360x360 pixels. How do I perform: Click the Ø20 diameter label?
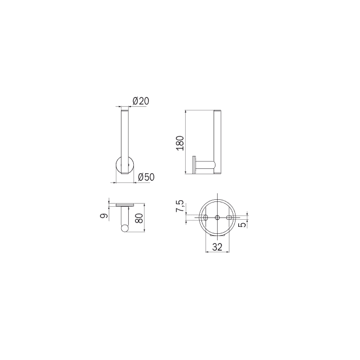click(x=141, y=101)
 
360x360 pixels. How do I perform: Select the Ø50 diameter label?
click(x=147, y=177)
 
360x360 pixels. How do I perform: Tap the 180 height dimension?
click(x=180, y=143)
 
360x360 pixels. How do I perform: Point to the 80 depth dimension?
click(x=139, y=218)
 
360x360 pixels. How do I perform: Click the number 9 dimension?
click(x=104, y=216)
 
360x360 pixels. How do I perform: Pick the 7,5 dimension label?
click(x=180, y=206)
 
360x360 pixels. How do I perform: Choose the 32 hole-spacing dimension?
click(x=217, y=247)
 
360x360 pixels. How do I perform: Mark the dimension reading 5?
click(x=242, y=224)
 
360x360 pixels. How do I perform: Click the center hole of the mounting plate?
click(x=217, y=217)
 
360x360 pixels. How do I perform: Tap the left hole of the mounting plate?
click(x=206, y=217)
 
